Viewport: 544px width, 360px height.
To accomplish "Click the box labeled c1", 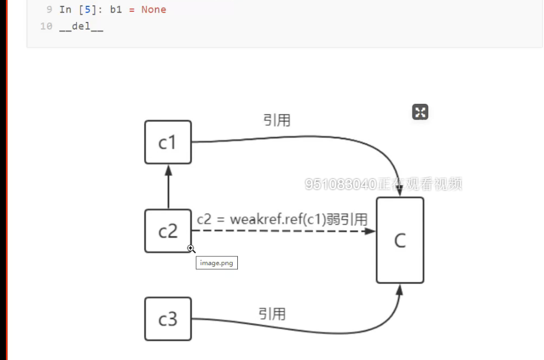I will pos(168,142).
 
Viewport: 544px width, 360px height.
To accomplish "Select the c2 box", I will pos(168,231).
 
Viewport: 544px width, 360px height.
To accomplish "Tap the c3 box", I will pos(168,319).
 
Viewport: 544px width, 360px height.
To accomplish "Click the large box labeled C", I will pos(400,240).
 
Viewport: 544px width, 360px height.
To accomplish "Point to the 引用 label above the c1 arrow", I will pos(276,120).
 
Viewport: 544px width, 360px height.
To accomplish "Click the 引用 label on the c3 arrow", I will pos(272,313).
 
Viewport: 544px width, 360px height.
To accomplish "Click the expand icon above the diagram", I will pos(420,112).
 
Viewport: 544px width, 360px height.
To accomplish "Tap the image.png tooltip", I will pos(217,263).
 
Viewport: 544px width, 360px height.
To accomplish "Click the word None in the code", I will pos(154,9).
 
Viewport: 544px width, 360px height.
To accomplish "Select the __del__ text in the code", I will pos(81,27).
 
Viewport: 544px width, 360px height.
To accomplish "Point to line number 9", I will pos(49,9).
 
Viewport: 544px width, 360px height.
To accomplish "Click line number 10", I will pos(46,27).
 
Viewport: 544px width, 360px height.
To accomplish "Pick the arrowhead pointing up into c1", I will pos(168,170).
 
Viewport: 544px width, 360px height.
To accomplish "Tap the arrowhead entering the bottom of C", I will pos(400,290).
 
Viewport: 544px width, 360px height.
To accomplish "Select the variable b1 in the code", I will pos(116,9).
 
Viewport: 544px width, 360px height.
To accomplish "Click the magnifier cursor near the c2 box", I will pos(191,249).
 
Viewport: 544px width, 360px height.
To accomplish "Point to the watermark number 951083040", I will pos(341,184).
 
